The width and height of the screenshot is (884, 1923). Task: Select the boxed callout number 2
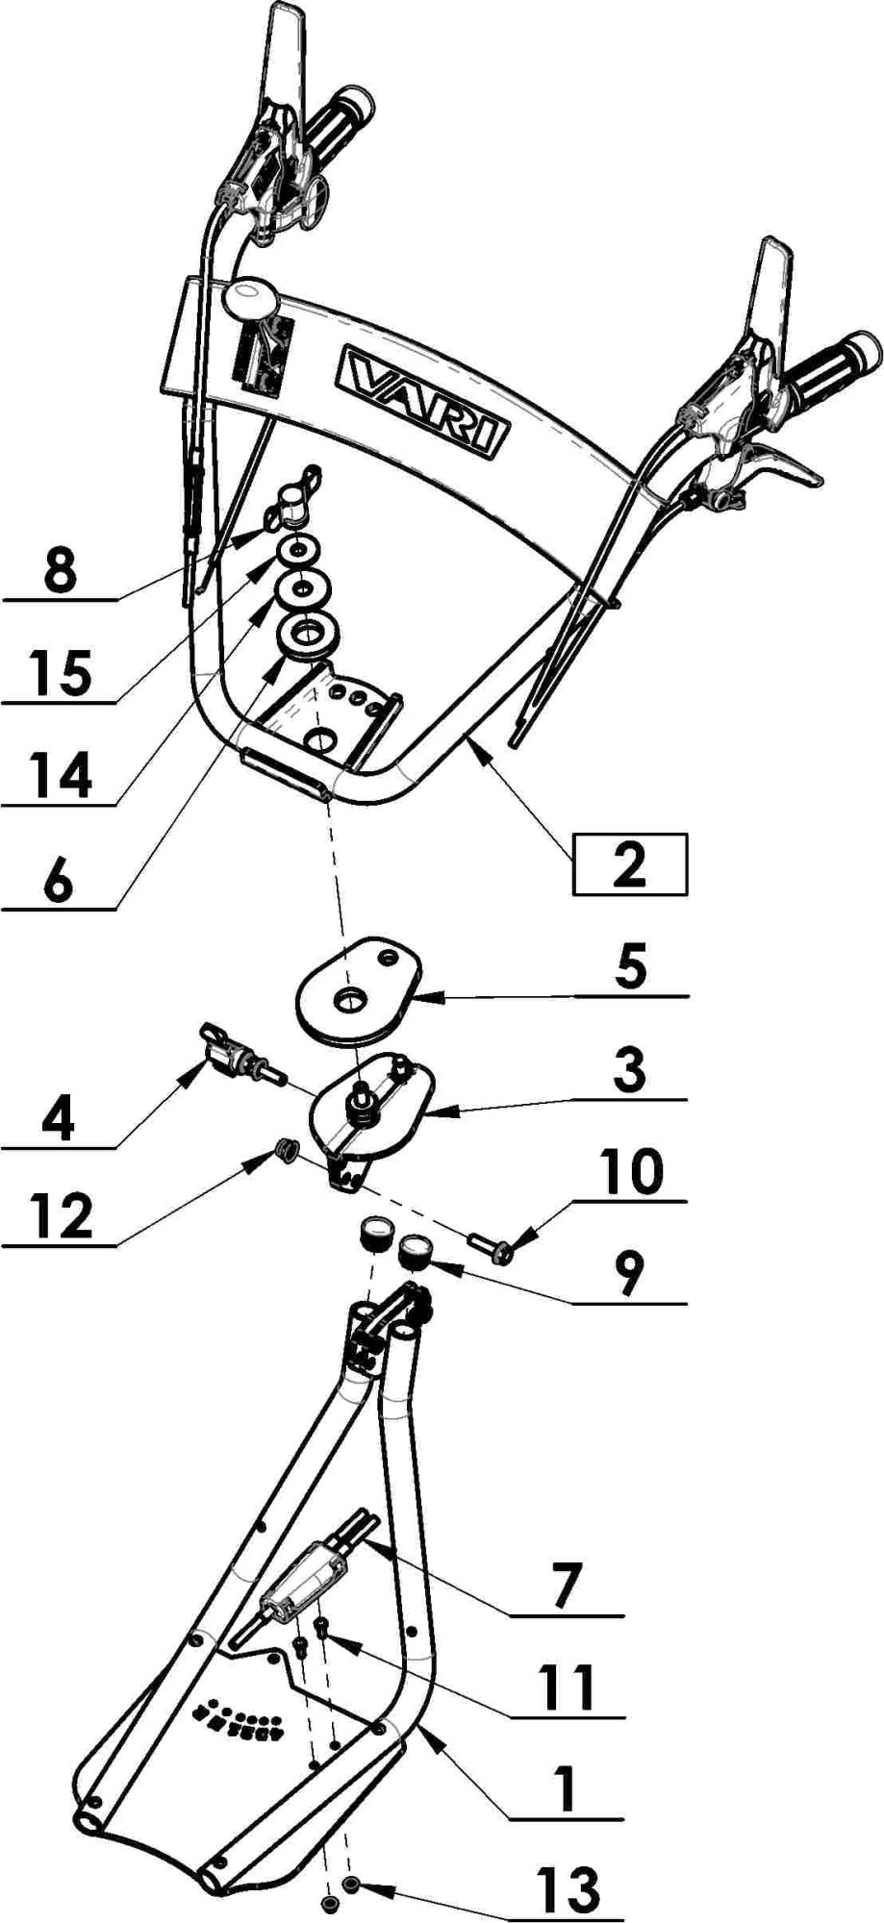[629, 863]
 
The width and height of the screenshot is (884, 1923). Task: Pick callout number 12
[60, 1215]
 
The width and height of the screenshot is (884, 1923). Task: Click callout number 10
[630, 1172]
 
